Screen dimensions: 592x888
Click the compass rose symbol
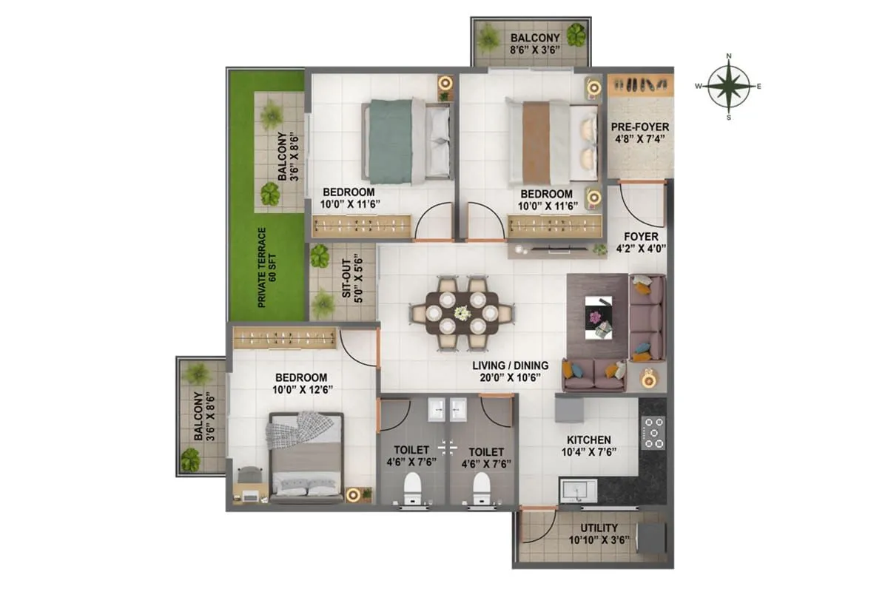(729, 87)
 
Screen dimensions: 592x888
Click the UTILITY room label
(599, 528)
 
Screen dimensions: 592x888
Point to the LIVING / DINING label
(511, 365)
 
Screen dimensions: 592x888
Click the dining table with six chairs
(461, 313)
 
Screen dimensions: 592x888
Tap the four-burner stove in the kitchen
(654, 434)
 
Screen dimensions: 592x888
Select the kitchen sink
(576, 491)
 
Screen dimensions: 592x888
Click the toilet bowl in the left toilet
(412, 487)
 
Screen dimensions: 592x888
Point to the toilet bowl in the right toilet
(481, 487)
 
